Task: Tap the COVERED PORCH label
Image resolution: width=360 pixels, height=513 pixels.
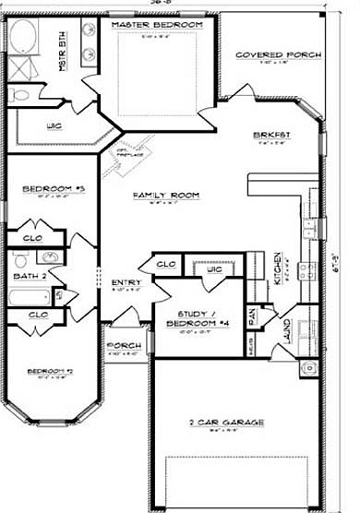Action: [279, 55]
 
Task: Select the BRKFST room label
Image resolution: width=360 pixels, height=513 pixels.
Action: [271, 136]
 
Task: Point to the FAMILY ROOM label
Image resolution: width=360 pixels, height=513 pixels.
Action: [166, 196]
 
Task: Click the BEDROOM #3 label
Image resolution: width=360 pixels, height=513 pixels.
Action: [54, 189]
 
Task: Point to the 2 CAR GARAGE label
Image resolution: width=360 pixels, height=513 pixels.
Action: [227, 423]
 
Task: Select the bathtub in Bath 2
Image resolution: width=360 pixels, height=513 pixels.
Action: [30, 297]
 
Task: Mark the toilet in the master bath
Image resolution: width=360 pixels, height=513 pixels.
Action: [19, 93]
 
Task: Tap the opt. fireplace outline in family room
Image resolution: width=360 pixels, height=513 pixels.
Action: [127, 159]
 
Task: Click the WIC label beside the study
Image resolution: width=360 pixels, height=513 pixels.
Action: [213, 268]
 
